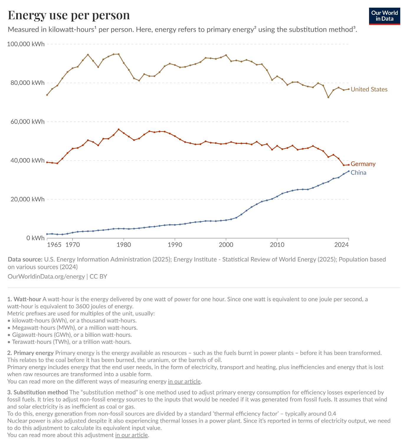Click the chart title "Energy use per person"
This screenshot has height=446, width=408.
[69, 15]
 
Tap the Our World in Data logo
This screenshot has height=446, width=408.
[384, 16]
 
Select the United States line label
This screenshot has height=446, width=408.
[369, 89]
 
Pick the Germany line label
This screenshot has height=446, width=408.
[363, 164]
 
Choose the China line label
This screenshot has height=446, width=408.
[358, 172]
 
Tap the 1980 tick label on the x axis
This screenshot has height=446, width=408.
[124, 244]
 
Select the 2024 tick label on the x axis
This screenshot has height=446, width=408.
[342, 244]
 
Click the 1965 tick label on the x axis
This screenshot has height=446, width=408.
[54, 244]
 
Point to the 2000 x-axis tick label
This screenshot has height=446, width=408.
[226, 244]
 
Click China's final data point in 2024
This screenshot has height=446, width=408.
[349, 171]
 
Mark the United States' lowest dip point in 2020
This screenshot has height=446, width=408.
[328, 97]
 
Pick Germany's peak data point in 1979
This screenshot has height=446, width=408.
[119, 129]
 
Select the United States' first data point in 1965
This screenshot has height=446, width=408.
[47, 95]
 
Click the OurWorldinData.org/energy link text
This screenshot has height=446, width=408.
[46, 277]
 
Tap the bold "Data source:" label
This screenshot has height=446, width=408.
[25, 259]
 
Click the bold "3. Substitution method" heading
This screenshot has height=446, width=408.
[37, 392]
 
